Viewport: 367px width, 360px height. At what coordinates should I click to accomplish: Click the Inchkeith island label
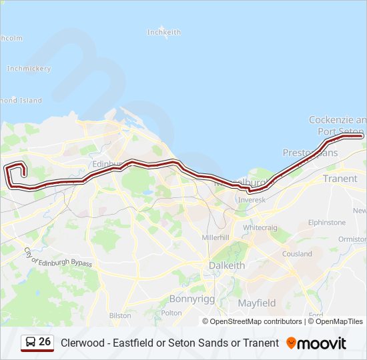click(163, 32)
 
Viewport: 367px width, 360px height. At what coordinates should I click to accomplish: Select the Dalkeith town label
click(227, 265)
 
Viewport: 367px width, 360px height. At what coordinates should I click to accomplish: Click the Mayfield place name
click(257, 303)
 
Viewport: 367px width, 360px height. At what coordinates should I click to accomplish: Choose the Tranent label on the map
click(340, 179)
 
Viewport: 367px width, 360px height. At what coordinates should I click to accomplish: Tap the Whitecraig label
click(260, 227)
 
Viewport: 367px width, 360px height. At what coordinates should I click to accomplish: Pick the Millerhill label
click(216, 237)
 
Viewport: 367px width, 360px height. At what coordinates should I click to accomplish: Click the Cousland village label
click(297, 254)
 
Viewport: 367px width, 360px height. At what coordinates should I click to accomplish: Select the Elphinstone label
click(327, 223)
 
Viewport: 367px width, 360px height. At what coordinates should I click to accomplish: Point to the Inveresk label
click(252, 199)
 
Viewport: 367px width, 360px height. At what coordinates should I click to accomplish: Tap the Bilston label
click(120, 315)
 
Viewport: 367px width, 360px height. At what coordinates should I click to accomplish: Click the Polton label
click(171, 313)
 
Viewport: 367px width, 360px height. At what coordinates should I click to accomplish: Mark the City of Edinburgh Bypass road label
click(57, 258)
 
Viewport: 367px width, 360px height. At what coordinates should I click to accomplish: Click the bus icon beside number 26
click(31, 343)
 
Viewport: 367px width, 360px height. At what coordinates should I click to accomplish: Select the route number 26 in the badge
click(45, 342)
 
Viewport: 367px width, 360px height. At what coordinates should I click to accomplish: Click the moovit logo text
click(322, 343)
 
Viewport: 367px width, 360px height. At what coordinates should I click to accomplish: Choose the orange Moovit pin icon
click(292, 343)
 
